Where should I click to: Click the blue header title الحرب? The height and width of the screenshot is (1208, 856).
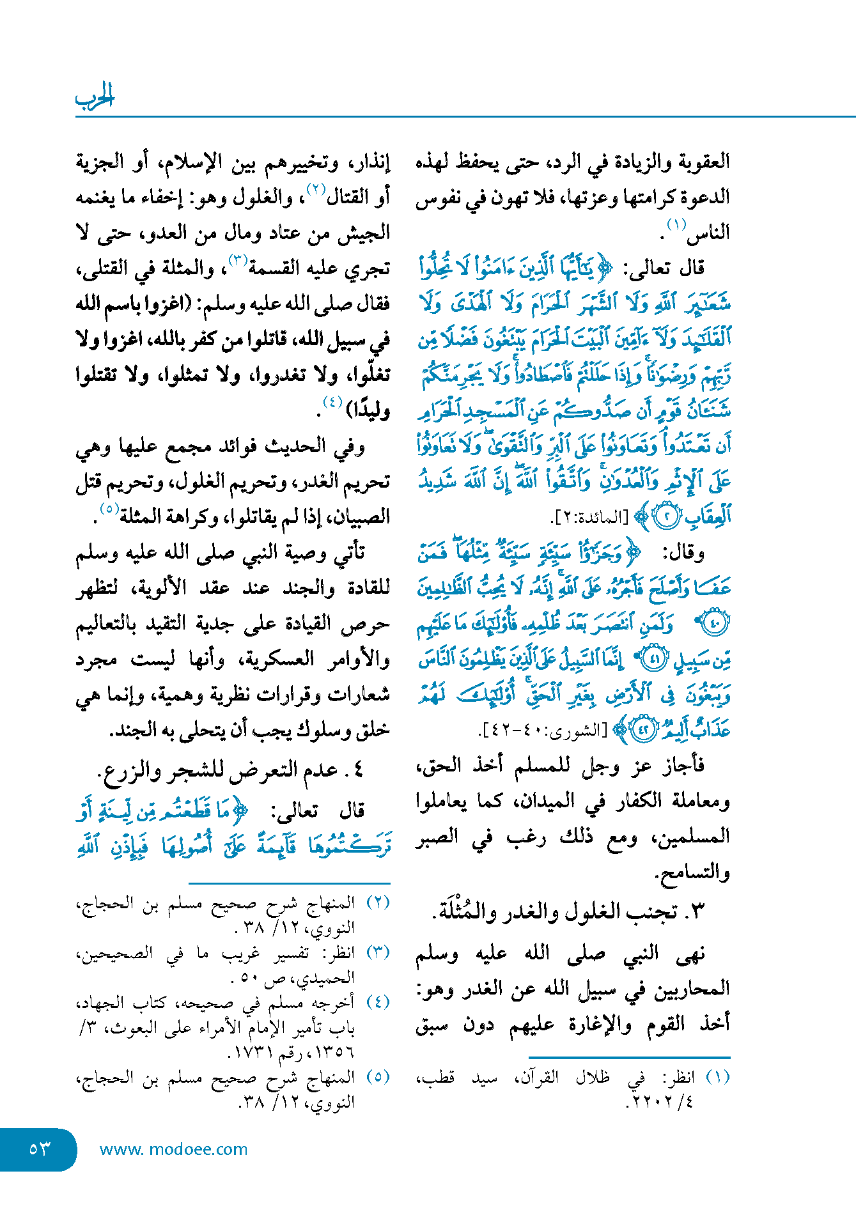(x=95, y=97)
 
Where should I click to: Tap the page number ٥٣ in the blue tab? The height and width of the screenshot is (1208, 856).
(x=40, y=1149)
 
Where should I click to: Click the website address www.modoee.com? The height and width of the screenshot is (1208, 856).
(x=173, y=1149)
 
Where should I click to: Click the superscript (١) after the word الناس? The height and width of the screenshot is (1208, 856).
(x=676, y=225)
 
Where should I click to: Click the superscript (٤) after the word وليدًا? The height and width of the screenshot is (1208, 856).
(x=332, y=403)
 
